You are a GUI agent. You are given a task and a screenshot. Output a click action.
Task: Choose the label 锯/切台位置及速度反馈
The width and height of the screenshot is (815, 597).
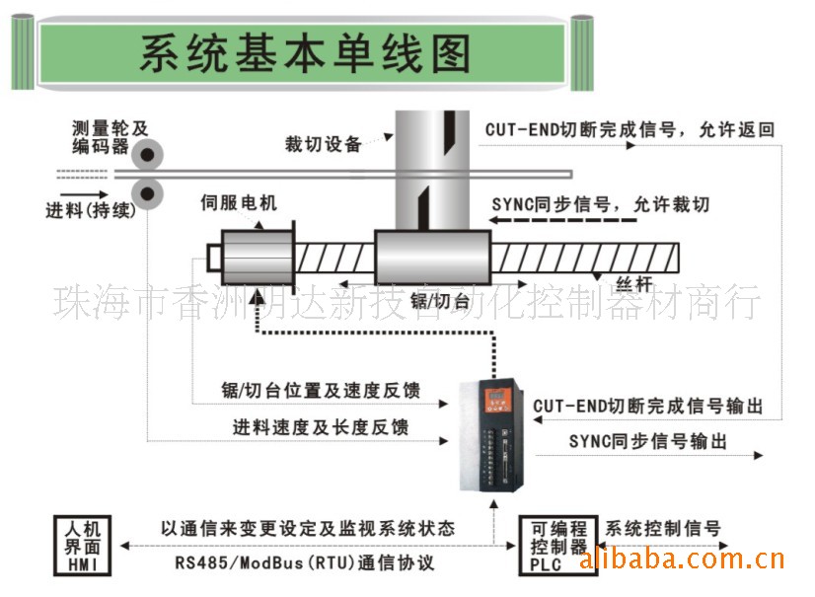point(321,391)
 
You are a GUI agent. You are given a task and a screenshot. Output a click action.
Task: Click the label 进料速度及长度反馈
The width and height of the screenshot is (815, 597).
point(321,427)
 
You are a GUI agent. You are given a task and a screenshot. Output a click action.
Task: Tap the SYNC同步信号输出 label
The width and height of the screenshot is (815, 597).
point(647,441)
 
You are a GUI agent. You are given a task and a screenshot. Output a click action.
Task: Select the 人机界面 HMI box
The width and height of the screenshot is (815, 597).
point(85,545)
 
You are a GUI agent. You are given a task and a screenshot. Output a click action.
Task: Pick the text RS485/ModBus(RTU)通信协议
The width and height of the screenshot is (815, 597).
point(302,562)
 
